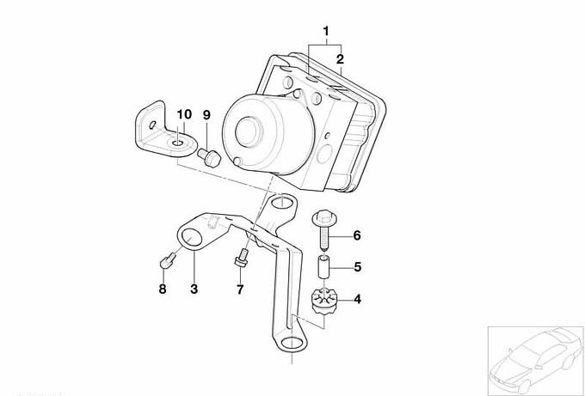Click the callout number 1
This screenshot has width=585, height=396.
point(326,31)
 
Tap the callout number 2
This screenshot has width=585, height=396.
point(340,59)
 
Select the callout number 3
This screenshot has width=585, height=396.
point(194,289)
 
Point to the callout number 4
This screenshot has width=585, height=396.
point(357,299)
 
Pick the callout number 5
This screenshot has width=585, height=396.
point(357,267)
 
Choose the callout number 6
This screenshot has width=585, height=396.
point(357,235)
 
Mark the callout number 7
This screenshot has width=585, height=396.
point(240,289)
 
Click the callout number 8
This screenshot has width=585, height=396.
point(163,289)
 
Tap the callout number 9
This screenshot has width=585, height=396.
point(206,115)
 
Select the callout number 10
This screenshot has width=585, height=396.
point(184,114)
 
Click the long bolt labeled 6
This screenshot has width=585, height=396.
point(323,229)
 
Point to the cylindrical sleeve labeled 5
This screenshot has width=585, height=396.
point(323,266)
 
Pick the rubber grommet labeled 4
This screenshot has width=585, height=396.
point(323,302)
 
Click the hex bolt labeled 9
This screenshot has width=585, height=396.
point(209,157)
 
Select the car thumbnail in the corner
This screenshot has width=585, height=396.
point(536,361)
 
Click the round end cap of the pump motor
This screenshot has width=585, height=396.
point(249,132)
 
